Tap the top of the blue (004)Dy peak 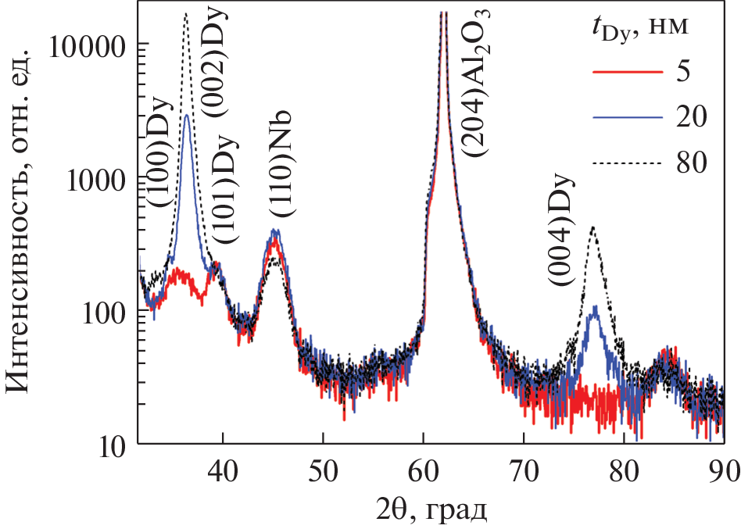596,307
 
